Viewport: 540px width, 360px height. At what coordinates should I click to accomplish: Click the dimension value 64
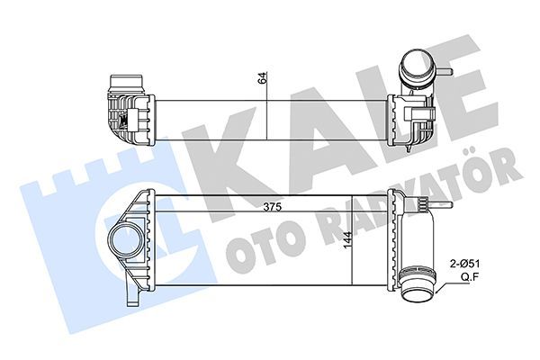click(x=263, y=78)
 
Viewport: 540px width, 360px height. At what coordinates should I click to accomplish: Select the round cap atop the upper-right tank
click(x=417, y=66)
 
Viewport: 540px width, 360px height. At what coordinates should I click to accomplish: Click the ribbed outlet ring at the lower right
click(x=417, y=287)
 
